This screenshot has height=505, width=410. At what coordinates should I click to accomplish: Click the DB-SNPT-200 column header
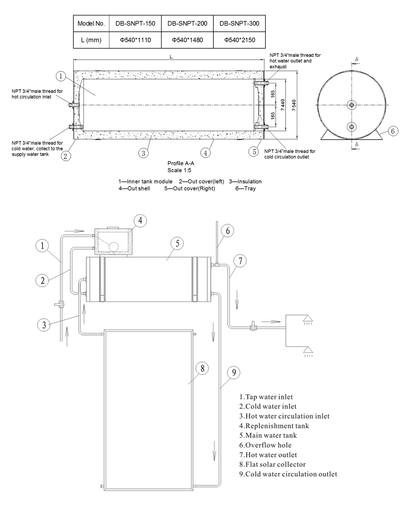click(x=187, y=23)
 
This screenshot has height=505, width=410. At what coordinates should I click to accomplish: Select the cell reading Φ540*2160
click(x=239, y=40)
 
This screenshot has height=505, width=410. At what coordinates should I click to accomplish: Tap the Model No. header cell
click(x=91, y=23)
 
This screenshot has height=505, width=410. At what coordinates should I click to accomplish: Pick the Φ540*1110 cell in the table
click(x=135, y=40)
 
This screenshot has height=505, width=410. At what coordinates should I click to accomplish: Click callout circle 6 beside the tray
click(x=392, y=131)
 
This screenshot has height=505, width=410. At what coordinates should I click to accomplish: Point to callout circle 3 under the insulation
click(x=143, y=153)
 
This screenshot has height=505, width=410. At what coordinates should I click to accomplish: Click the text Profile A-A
click(x=181, y=164)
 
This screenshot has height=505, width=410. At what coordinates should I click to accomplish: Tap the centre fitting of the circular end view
click(x=352, y=105)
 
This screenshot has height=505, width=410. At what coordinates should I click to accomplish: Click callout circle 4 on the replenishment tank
click(x=140, y=221)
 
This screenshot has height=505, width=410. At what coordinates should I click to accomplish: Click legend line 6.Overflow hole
click(x=265, y=445)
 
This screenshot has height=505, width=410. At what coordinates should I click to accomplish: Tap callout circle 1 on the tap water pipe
click(x=43, y=246)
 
